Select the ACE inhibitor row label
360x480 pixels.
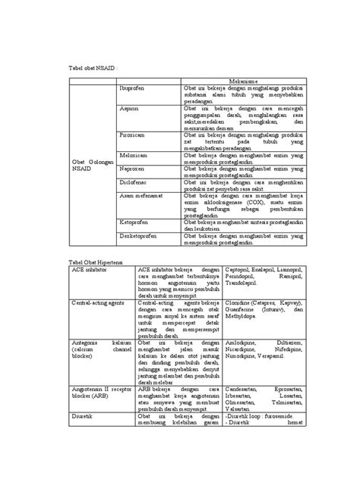(88, 269)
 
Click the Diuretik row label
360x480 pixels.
(82, 417)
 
